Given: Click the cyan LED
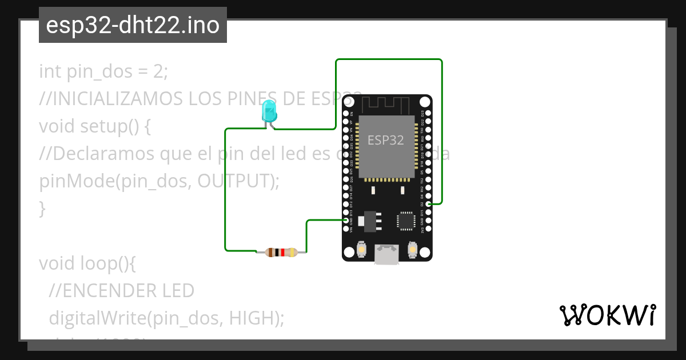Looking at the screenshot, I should (269, 111).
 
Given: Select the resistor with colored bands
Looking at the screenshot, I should (281, 252).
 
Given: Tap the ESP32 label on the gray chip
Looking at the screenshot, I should (385, 140).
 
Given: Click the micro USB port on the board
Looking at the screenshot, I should (386, 254).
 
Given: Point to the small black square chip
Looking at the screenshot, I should (406, 221).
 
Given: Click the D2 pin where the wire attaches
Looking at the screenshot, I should (429, 203).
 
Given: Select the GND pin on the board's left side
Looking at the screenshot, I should (346, 220).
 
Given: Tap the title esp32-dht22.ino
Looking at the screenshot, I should (133, 25).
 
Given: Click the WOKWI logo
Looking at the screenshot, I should (607, 315).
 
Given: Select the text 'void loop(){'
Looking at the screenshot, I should (88, 263).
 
